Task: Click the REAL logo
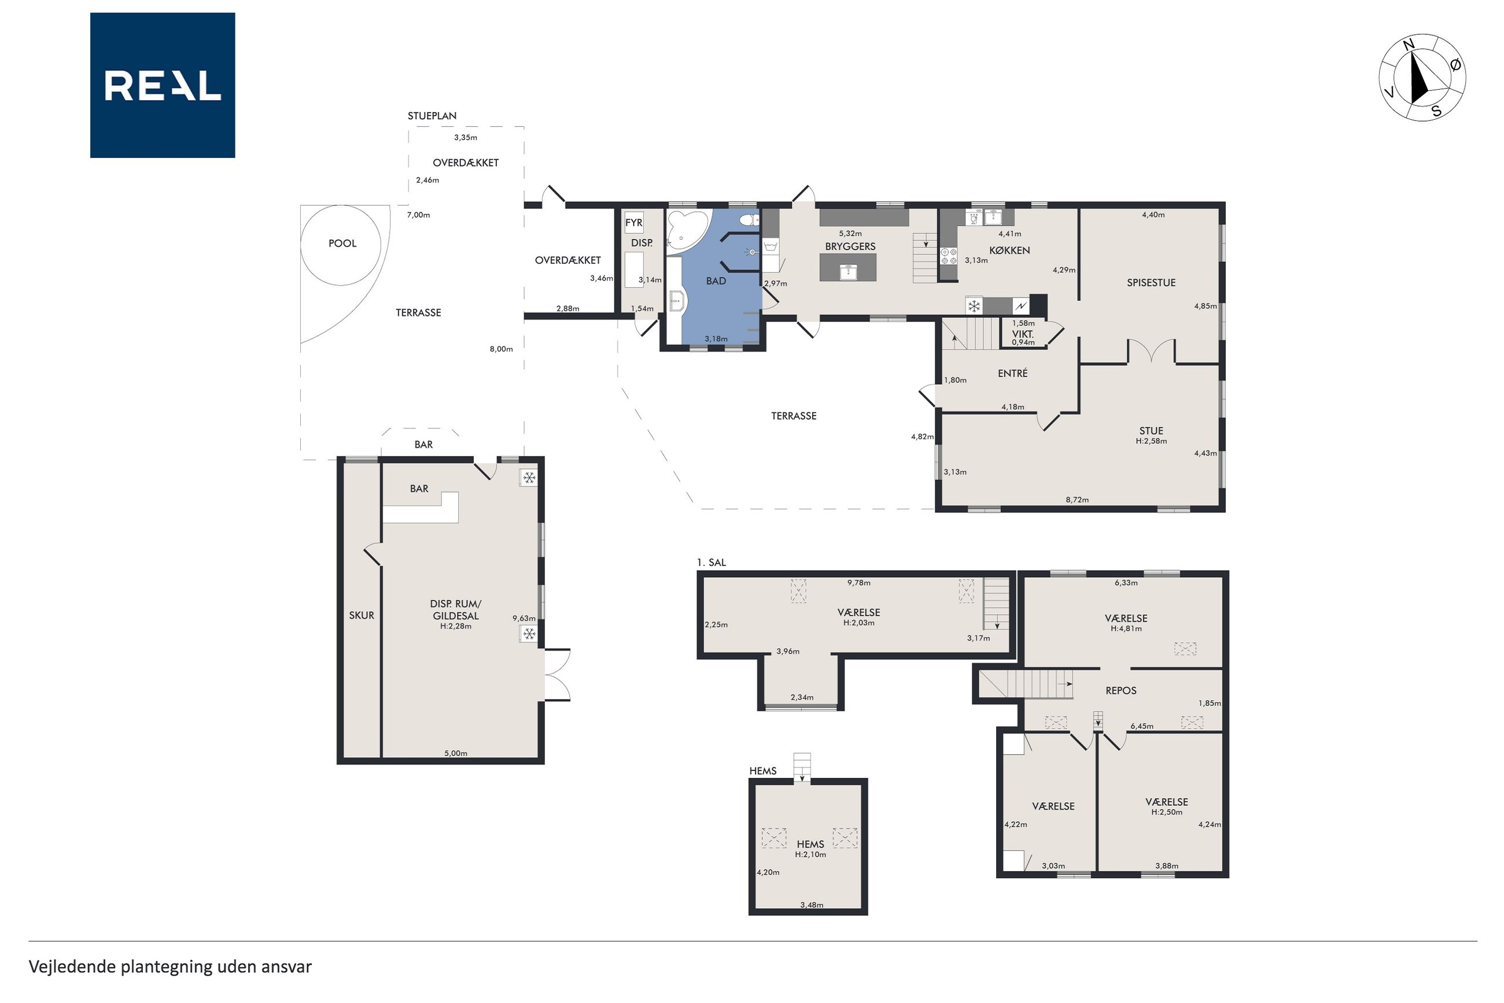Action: click(163, 85)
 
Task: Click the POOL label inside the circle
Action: click(342, 243)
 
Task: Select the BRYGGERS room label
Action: click(850, 247)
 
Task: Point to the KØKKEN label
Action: click(1009, 250)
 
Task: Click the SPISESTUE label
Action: click(1151, 282)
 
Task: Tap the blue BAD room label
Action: click(716, 281)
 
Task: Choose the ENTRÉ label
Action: click(1012, 373)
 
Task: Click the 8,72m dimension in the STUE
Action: click(1077, 499)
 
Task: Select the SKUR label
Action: click(361, 615)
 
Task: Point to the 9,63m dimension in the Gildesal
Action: click(524, 618)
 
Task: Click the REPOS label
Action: click(1120, 690)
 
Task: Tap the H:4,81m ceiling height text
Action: click(1126, 628)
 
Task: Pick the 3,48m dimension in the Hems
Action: click(811, 905)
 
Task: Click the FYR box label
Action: click(634, 223)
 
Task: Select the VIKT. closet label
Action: click(1023, 334)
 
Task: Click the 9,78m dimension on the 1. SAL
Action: click(858, 582)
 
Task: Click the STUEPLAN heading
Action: click(432, 116)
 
